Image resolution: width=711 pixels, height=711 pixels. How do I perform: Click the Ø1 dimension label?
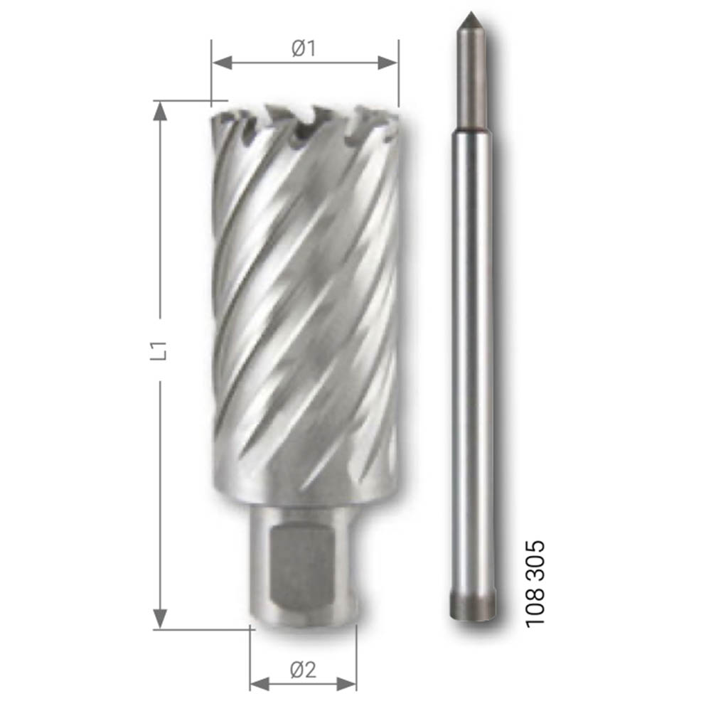pyautogui.click(x=304, y=48)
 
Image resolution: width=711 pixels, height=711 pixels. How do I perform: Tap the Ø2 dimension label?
pyautogui.click(x=303, y=670)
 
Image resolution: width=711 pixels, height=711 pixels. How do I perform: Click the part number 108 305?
pyautogui.click(x=535, y=584)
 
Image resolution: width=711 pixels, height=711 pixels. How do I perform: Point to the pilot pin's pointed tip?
pyautogui.click(x=471, y=13)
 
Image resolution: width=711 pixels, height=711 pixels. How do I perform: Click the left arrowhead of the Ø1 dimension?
pyautogui.click(x=222, y=63)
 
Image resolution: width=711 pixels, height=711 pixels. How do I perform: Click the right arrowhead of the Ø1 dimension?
pyautogui.click(x=387, y=63)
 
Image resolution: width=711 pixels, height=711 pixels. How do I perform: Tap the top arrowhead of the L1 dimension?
pyautogui.click(x=159, y=111)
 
